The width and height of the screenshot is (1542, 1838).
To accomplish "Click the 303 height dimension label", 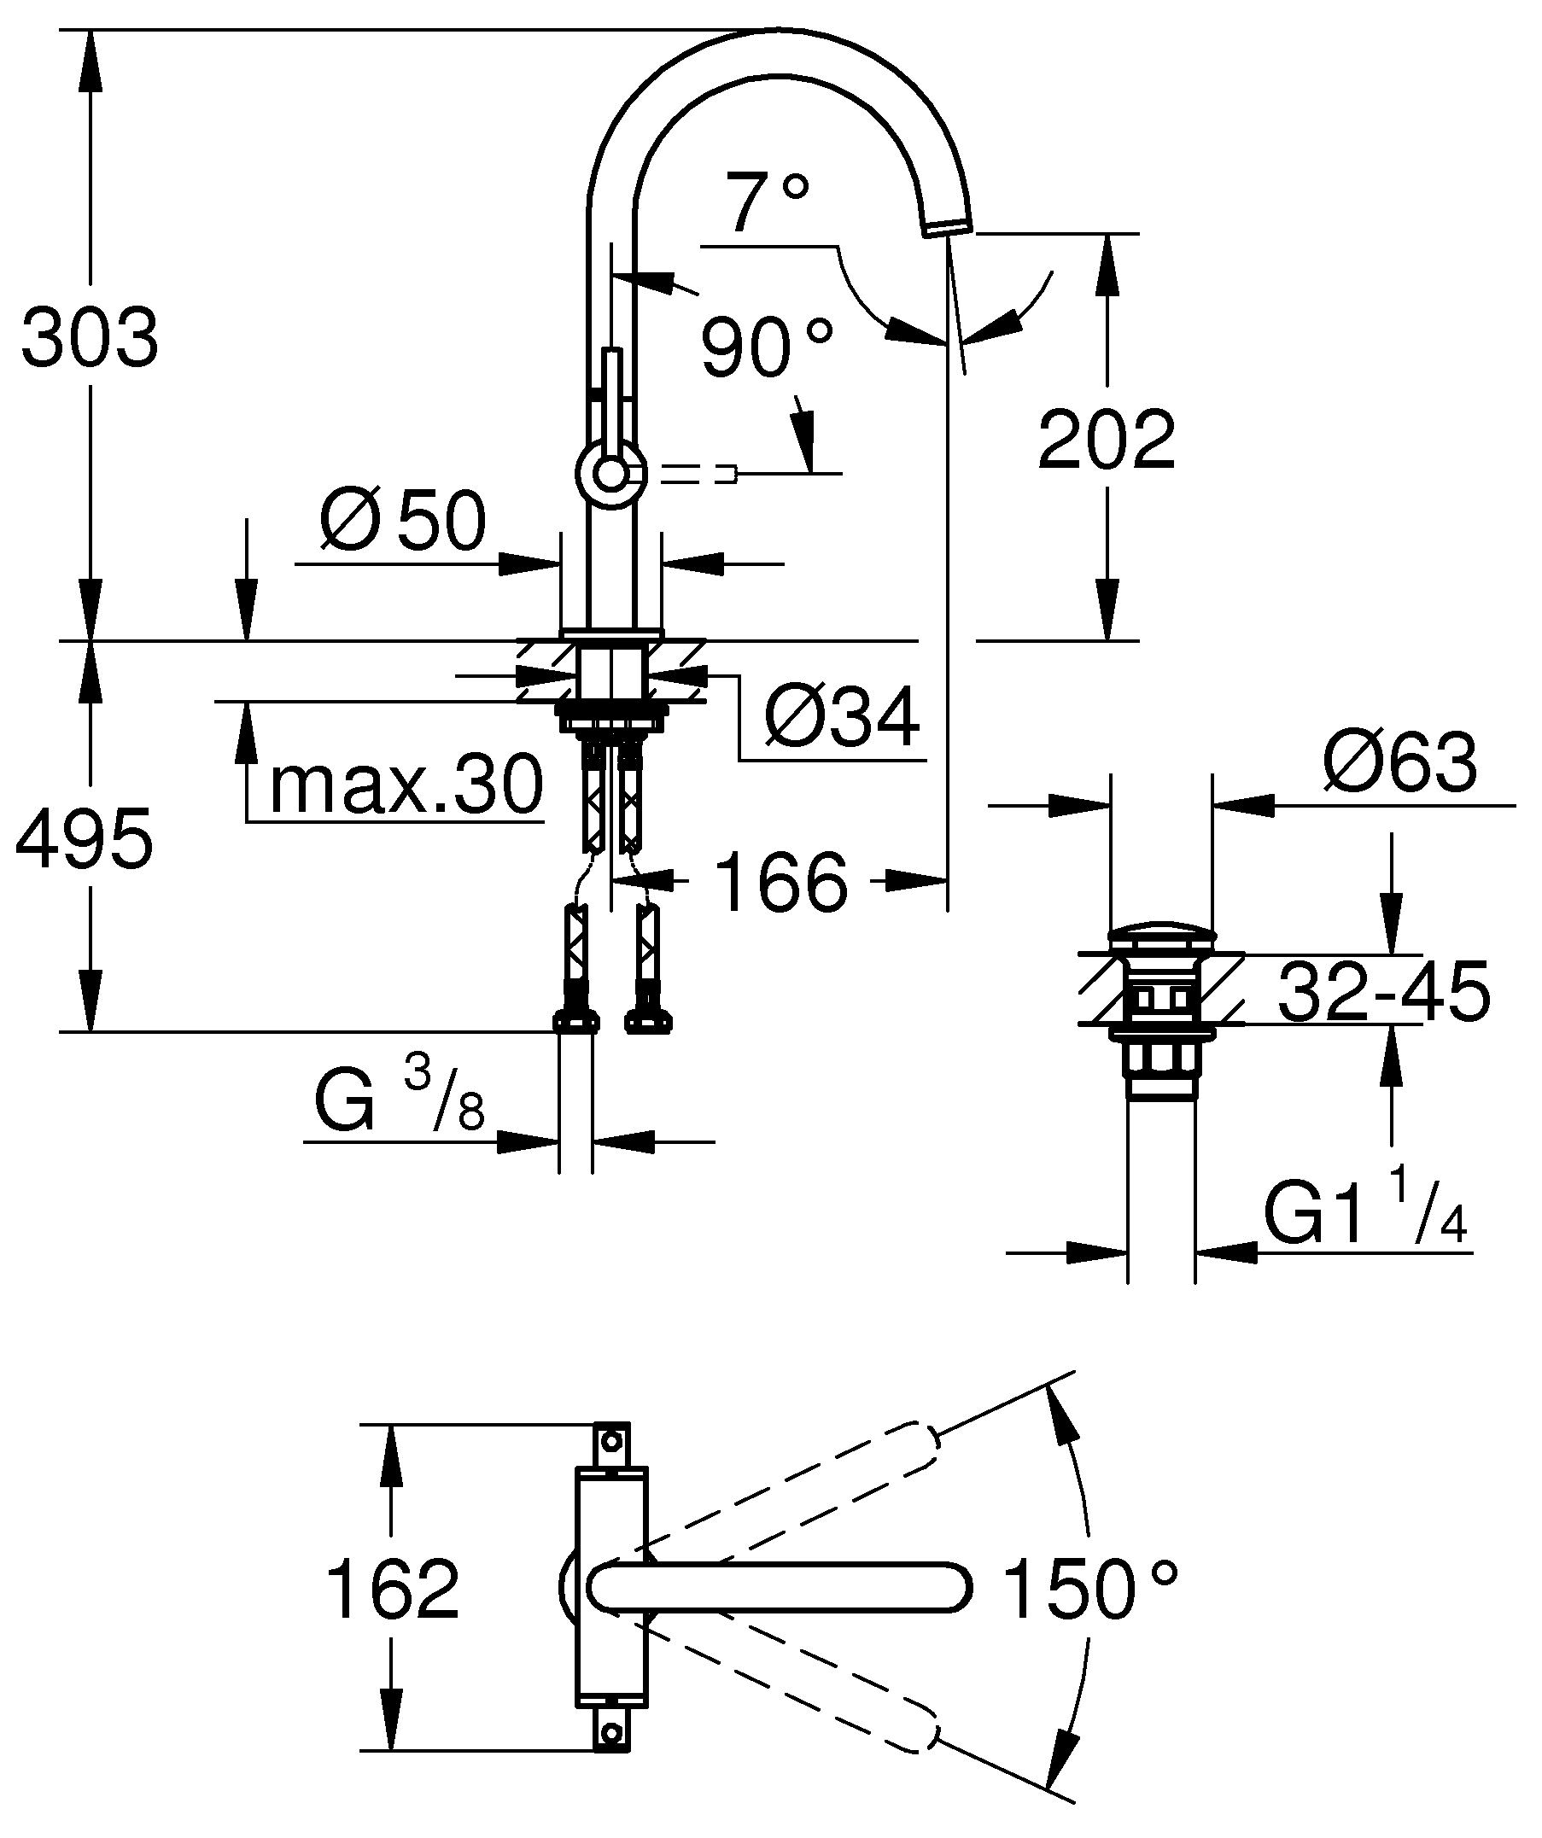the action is (91, 338).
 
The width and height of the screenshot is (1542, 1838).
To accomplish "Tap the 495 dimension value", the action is (85, 838).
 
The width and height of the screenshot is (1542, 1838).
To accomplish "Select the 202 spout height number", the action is (1107, 440).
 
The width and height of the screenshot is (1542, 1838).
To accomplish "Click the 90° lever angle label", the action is (767, 347).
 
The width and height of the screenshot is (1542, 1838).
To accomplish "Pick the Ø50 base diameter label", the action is (402, 520).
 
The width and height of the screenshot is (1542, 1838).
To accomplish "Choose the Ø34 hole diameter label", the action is (842, 717).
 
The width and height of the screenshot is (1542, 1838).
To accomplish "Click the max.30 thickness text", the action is (406, 785).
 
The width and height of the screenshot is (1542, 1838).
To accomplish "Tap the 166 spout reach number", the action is (781, 881).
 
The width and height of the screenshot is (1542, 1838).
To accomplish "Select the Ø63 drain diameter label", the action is (1400, 761).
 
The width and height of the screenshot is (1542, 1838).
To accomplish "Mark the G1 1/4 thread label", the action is (1365, 1211).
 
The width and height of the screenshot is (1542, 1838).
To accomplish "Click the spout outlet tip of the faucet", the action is (948, 226).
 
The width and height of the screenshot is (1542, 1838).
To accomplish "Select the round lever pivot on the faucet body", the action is (611, 475).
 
